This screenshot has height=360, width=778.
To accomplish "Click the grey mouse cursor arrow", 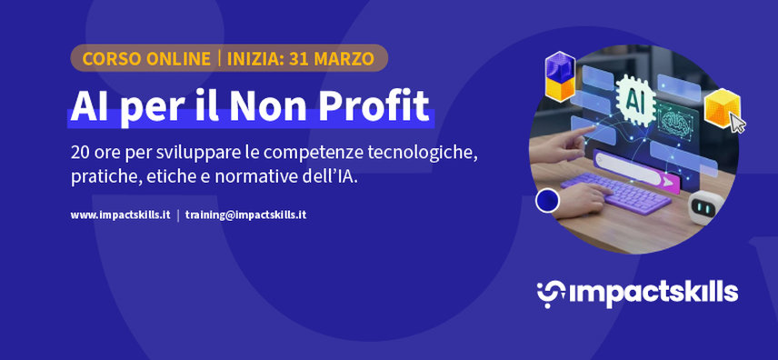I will (x=737, y=124).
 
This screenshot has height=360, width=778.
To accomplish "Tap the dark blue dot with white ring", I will (x=547, y=201).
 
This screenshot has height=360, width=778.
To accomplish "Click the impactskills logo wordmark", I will (x=636, y=292).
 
